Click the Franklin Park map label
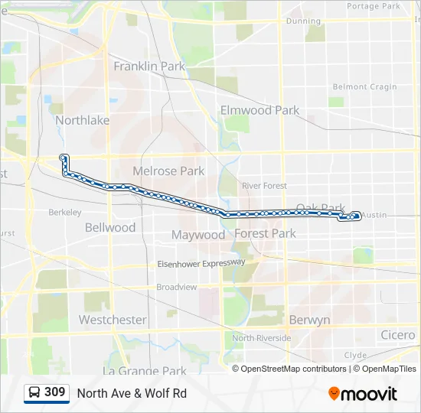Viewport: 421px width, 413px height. tap(149, 67)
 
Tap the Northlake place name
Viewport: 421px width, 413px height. tap(82, 120)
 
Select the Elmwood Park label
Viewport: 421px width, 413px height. tap(259, 110)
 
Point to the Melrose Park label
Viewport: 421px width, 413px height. tap(168, 171)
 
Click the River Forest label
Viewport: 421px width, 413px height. tap(264, 186)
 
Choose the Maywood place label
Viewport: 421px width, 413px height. tap(198, 235)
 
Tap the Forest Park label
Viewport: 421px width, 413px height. tap(265, 233)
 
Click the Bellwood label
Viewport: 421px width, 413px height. tap(110, 227)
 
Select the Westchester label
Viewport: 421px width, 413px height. tap(113, 320)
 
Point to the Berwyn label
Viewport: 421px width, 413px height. tap(309, 320)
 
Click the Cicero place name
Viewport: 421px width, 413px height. tap(398, 335)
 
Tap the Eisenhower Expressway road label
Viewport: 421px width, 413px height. tap(201, 263)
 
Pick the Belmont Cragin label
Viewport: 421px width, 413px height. tap(364, 87)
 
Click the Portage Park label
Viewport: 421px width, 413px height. tap(374, 6)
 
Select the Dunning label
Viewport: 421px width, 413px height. tap(303, 21)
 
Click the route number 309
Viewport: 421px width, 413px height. tap(54, 392)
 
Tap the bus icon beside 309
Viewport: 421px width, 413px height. tap(34, 393)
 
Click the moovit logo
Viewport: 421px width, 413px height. tap(363, 394)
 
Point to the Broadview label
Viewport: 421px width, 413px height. tap(177, 287)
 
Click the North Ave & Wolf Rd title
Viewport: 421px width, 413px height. tap(132, 394)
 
